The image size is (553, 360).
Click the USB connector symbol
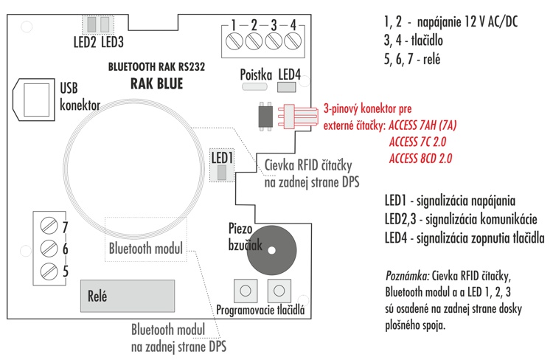(34, 100)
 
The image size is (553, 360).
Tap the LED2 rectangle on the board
(91, 24)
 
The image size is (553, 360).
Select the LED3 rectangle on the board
(105, 24)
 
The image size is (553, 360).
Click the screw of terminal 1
(234, 41)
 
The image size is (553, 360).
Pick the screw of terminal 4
(293, 41)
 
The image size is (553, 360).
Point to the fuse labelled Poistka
(254, 86)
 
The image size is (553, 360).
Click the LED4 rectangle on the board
(286, 87)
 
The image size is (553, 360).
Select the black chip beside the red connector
(265, 116)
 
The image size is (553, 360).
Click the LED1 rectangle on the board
(222, 173)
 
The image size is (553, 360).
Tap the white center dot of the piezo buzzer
(271, 251)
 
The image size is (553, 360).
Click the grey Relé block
(128, 296)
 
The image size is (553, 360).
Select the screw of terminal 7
(49, 226)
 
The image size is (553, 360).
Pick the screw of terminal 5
(49, 271)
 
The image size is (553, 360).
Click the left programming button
(246, 291)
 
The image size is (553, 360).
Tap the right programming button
(279, 291)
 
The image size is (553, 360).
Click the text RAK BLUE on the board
(156, 84)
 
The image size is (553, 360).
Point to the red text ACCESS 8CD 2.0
(420, 159)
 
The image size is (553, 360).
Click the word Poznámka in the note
(407, 276)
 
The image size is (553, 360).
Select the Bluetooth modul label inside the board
(146, 249)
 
